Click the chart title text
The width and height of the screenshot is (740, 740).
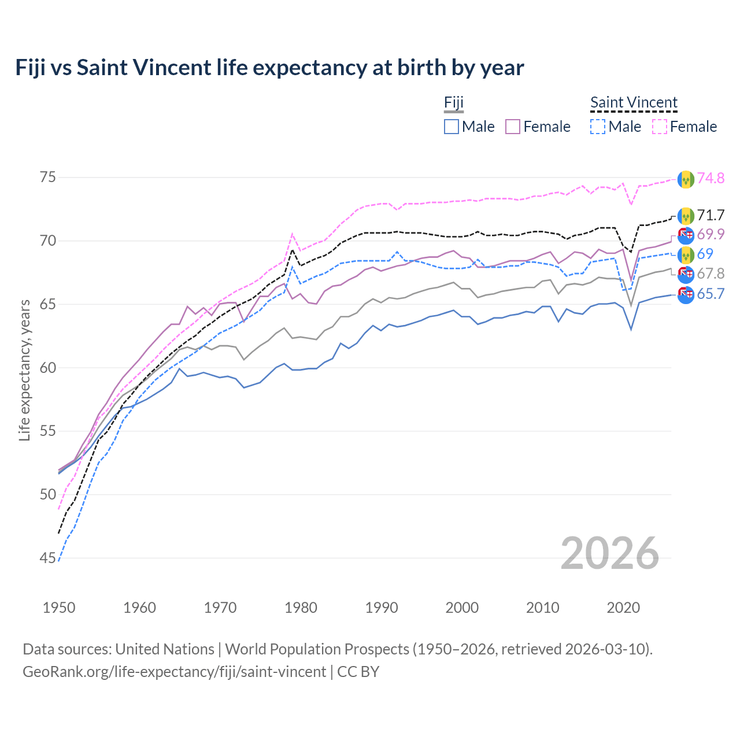coord(269,68)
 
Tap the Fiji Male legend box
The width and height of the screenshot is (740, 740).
coord(452,127)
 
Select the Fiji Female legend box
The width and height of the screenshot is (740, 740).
coord(513,127)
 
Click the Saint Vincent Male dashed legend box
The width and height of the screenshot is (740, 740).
coord(598,127)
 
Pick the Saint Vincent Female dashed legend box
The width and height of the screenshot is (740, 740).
coord(659,127)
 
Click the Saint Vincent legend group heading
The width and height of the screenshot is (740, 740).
coord(634,103)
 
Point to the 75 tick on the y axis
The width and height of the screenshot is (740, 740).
coord(49,177)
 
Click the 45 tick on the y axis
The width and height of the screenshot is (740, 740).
coord(49,558)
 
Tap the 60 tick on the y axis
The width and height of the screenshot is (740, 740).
coord(49,368)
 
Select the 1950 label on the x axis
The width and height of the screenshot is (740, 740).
coord(59,608)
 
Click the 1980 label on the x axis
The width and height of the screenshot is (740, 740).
coord(301,608)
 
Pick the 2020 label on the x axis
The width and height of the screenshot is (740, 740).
coord(623,608)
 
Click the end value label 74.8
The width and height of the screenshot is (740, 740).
coord(711,179)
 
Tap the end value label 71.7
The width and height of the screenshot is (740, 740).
coord(711,216)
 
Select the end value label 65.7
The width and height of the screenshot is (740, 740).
coord(711,294)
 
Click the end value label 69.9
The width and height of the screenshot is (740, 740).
coord(711,235)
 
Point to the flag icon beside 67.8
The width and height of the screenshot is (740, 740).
coord(685,274)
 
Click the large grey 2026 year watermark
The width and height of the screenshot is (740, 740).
coord(610,553)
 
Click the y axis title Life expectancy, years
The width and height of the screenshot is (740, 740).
coord(24,370)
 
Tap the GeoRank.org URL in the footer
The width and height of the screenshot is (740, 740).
coord(174,672)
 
